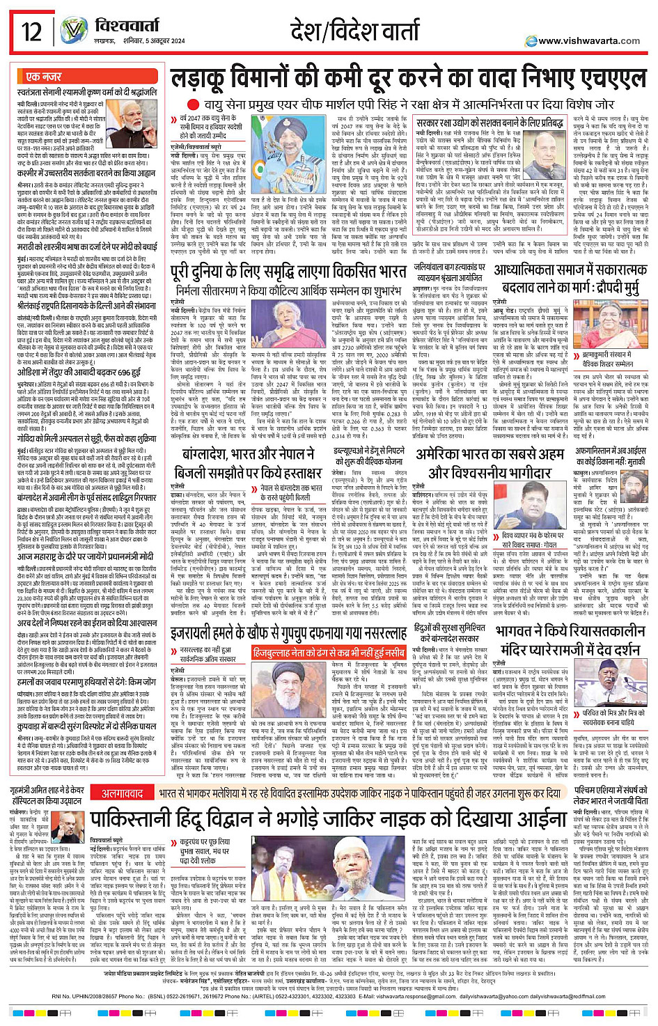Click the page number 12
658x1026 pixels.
pos(32,31)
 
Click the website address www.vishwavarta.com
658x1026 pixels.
pos(589,40)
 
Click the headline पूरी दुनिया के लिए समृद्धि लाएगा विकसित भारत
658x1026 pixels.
pos(288,270)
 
